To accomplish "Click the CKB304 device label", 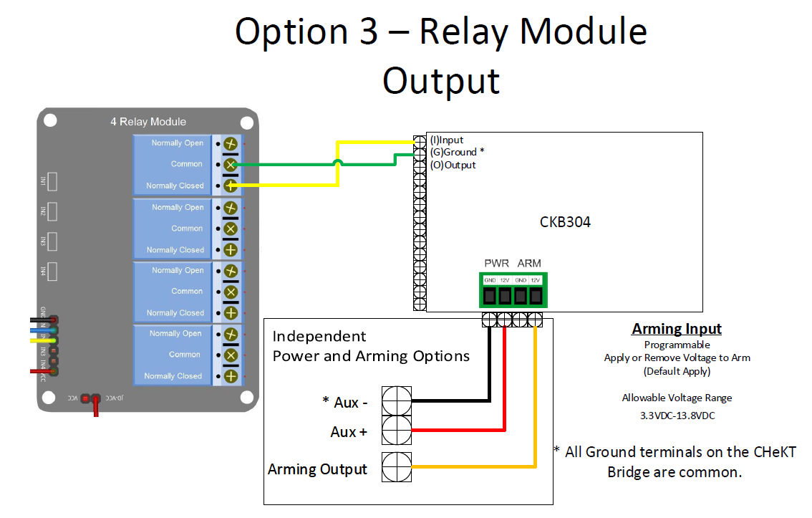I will click(x=565, y=222).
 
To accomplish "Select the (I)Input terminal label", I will click(x=447, y=140).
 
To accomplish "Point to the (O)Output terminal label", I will click(x=453, y=166).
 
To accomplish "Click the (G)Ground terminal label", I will click(x=456, y=153).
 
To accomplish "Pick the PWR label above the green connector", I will click(x=496, y=263).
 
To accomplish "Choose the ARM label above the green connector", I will click(x=530, y=263).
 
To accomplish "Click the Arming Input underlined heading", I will click(x=677, y=330).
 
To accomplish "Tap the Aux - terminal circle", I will click(x=396, y=401).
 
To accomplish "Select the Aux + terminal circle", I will click(x=396, y=431).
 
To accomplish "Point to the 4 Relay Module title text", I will click(x=148, y=122).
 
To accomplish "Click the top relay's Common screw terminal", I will click(x=231, y=165).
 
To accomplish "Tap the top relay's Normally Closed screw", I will click(x=231, y=186).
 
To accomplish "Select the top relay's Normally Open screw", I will click(x=231, y=143).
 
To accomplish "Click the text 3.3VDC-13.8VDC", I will click(x=677, y=415).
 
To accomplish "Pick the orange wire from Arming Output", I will click(x=473, y=468).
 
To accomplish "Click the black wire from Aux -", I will click(x=451, y=401).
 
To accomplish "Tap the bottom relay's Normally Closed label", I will click(x=173, y=376).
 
